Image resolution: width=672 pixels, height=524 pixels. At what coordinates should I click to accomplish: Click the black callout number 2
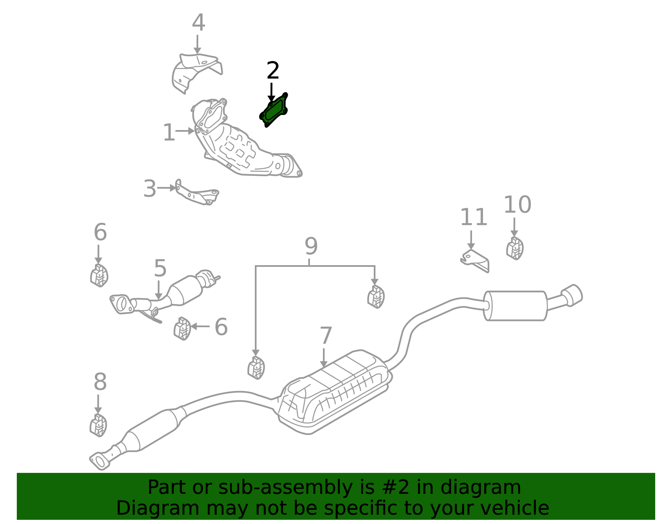tap(273, 70)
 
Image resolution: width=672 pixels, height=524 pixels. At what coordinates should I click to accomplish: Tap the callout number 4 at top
tap(198, 23)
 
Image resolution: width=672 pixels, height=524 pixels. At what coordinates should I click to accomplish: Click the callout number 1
tap(168, 133)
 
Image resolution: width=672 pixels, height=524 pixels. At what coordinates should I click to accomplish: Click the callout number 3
tap(150, 189)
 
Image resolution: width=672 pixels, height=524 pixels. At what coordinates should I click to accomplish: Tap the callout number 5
tap(160, 268)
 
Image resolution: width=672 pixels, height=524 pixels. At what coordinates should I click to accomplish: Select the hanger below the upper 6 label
tap(99, 276)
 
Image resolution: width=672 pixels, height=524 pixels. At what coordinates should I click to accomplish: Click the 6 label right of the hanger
tap(221, 327)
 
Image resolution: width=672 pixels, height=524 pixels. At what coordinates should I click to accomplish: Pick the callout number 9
tap(311, 246)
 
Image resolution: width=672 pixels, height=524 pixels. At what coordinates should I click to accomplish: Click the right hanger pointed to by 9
tap(375, 297)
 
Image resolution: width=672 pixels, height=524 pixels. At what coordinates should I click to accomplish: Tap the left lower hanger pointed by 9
tap(256, 368)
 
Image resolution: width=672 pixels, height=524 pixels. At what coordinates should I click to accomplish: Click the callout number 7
tap(326, 336)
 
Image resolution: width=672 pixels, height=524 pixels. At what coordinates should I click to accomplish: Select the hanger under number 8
tap(98, 425)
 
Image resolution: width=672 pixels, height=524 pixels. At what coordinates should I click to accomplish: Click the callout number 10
tap(517, 205)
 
